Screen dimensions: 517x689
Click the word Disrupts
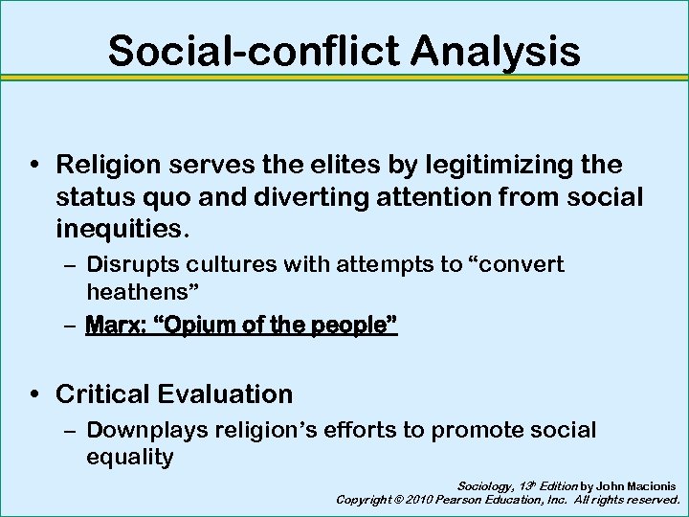coord(132,264)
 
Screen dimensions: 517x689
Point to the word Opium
coord(197,326)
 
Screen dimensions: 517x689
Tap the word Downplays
coord(144,431)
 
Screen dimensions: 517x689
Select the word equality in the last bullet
coord(130,458)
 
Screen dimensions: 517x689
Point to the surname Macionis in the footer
coord(646,486)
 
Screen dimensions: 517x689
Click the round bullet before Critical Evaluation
coord(33,393)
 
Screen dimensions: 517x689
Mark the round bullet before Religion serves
coord(33,165)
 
